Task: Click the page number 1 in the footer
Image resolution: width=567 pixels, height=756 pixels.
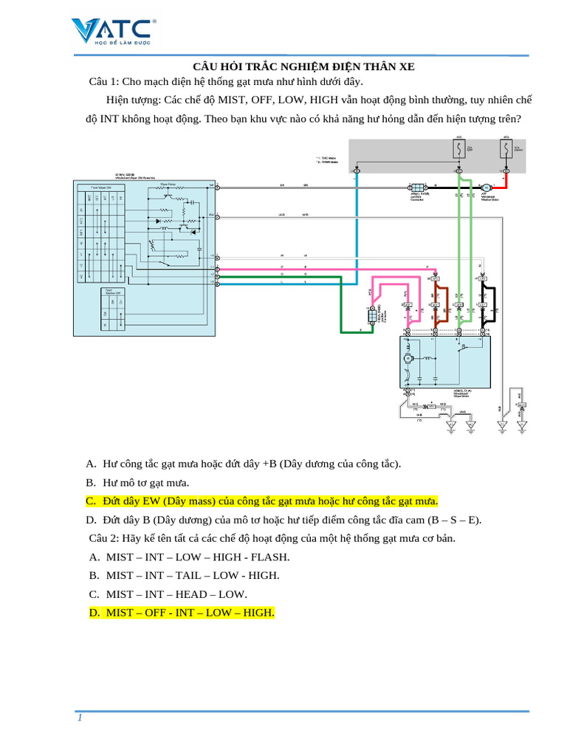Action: point(79,720)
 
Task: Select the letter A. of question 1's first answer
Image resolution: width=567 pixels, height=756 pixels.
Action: point(91,464)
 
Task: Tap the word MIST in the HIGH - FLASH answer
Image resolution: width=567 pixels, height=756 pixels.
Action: point(120,557)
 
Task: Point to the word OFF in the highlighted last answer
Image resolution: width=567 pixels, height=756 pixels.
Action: point(159,613)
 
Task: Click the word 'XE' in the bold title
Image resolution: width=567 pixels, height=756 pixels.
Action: point(406,66)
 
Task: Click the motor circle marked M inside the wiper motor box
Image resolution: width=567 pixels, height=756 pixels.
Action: point(407,359)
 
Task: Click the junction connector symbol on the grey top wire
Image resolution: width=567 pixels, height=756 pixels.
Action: point(416,188)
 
